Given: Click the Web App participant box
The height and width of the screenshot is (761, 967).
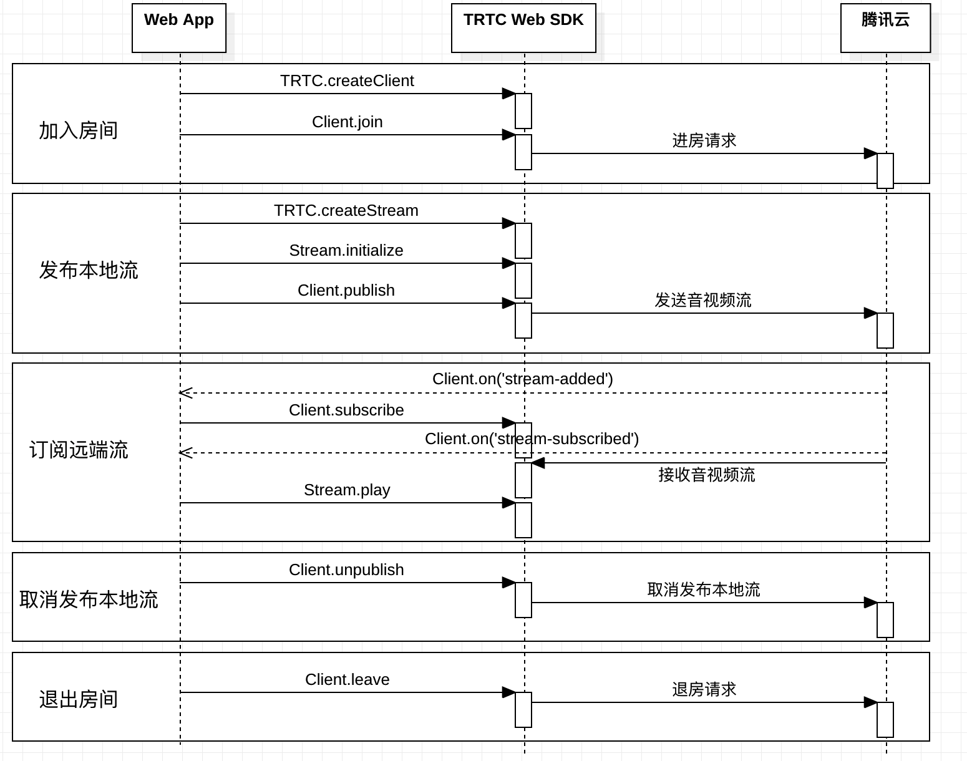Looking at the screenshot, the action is [x=179, y=28].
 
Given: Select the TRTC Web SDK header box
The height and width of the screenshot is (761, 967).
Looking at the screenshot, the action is [x=523, y=28].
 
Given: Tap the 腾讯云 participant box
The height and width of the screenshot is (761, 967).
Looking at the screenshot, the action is [x=886, y=28].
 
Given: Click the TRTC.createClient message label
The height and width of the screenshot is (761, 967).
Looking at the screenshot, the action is [x=347, y=81].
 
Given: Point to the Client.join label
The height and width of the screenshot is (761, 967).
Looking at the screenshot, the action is [x=347, y=122].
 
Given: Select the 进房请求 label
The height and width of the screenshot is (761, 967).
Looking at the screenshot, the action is [x=704, y=140].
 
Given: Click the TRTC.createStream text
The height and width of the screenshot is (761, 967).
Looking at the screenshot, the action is [x=346, y=210].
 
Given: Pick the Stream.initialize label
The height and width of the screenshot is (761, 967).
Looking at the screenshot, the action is [x=346, y=250].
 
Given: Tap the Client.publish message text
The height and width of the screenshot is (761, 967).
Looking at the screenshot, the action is [x=346, y=290].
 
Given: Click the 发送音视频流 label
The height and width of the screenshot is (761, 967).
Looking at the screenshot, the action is [x=702, y=300].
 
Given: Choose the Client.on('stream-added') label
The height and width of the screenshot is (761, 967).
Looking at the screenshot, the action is [x=523, y=379].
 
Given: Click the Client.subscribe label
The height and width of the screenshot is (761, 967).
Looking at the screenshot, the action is [x=346, y=410].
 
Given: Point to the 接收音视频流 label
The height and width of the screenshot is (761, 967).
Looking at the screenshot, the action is [x=707, y=475].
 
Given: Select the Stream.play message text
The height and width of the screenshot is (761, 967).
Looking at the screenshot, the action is [x=347, y=490].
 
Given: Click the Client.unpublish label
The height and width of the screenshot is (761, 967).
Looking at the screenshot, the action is [x=346, y=570].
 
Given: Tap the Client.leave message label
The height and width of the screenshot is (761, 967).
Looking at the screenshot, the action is [x=347, y=679].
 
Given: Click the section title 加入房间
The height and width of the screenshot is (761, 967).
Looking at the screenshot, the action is [x=78, y=131].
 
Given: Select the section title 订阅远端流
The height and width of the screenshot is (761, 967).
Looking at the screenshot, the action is [x=79, y=450].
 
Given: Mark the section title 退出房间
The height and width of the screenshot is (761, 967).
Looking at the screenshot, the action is [x=78, y=699].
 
